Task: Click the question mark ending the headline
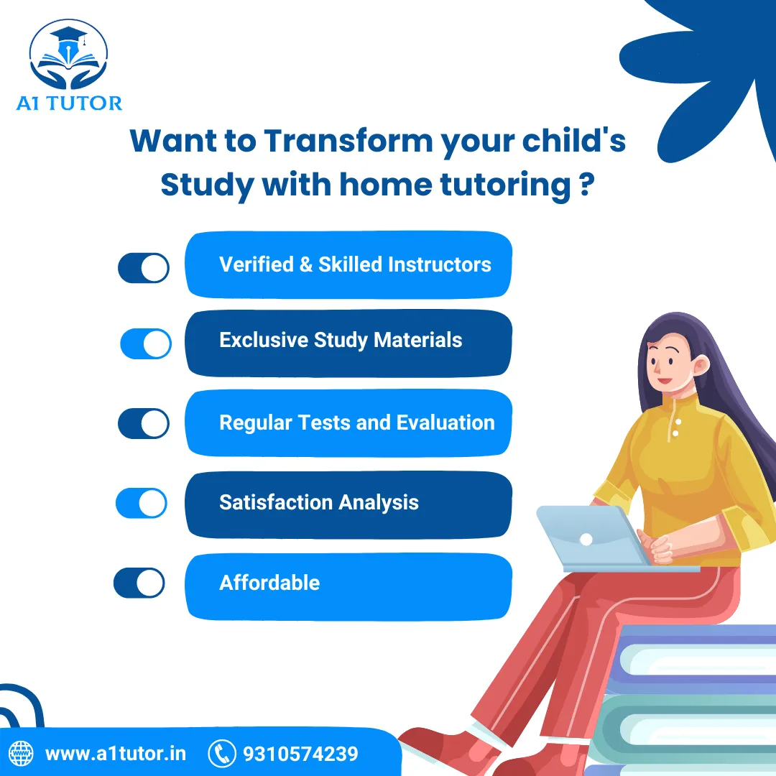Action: tap(585, 185)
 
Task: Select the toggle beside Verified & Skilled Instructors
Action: tap(144, 267)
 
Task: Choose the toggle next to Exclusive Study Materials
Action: tap(146, 343)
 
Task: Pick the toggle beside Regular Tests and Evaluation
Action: tap(144, 423)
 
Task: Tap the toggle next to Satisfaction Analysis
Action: tap(142, 503)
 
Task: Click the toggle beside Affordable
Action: tap(139, 583)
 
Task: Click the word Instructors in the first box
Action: tap(439, 264)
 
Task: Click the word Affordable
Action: tap(269, 582)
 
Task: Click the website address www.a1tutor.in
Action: tap(116, 754)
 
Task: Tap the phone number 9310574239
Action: tap(300, 754)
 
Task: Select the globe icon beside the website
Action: tap(21, 754)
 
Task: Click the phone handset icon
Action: tap(222, 754)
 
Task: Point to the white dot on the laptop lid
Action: tap(586, 539)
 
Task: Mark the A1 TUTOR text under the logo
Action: tap(69, 103)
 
